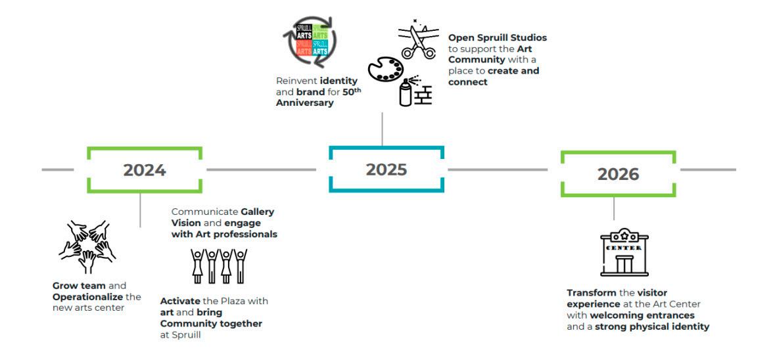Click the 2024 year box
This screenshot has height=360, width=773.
(145, 170)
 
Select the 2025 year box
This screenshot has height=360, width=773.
(386, 169)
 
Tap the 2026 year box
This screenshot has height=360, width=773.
(618, 174)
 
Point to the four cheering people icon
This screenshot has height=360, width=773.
(218, 266)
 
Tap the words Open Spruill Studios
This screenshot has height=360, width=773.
(497, 38)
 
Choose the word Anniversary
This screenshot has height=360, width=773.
(306, 102)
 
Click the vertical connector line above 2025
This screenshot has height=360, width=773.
(383, 128)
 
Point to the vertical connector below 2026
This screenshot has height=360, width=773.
(614, 208)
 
